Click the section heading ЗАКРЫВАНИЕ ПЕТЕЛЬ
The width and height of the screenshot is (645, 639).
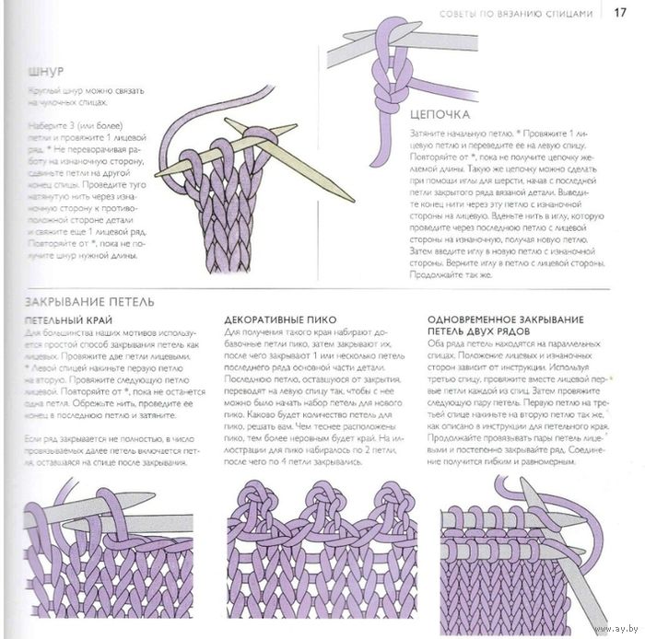88,302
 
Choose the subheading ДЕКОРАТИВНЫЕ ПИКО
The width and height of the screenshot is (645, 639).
276,319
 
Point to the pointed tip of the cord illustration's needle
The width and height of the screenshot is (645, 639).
350,197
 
